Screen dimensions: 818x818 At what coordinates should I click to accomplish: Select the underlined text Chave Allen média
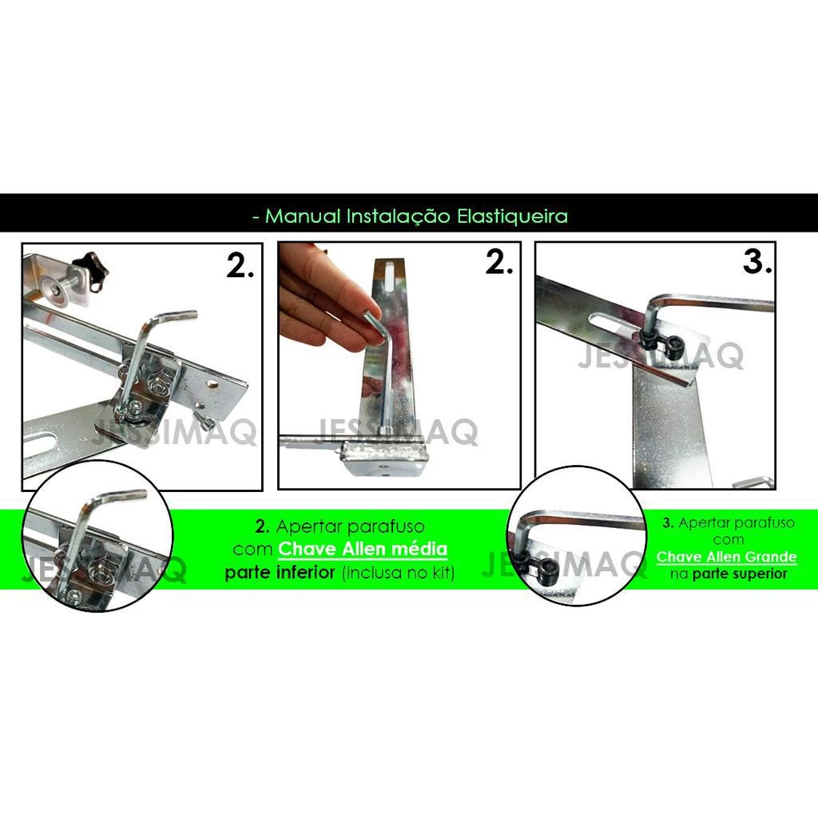click(x=363, y=549)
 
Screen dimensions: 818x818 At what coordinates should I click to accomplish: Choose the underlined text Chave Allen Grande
click(x=726, y=557)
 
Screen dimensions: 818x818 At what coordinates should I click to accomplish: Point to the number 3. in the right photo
click(x=757, y=261)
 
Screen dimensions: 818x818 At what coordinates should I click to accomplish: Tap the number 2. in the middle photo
click(x=498, y=262)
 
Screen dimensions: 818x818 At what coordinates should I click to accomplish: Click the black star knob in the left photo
click(x=90, y=272)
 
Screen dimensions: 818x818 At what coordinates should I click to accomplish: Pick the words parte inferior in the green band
click(x=280, y=572)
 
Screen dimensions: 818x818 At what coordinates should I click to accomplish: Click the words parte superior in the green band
click(x=740, y=574)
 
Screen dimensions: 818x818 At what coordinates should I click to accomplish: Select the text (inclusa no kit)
click(x=399, y=573)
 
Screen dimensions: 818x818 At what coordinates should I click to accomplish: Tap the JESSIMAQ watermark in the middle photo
click(x=398, y=432)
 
